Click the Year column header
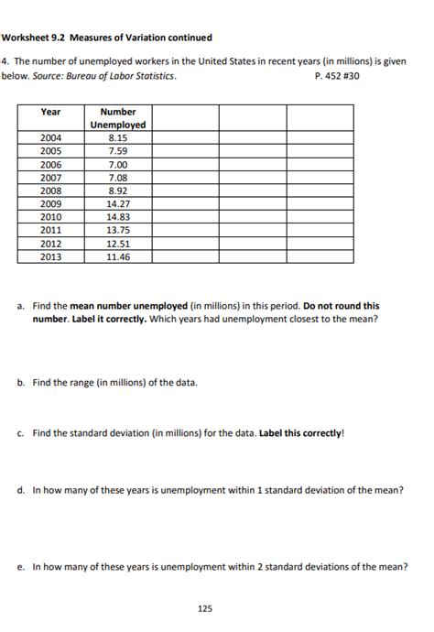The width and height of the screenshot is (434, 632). [x=50, y=112]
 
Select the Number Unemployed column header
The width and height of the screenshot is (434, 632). [x=118, y=118]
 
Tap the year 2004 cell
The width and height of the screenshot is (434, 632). [x=50, y=137]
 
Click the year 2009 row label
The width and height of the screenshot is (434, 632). [x=50, y=203]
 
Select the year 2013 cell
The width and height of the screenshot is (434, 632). [x=50, y=257]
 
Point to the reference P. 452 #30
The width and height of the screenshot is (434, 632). [x=337, y=76]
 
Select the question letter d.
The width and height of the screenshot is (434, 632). [x=20, y=490]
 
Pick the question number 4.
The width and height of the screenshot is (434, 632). [x=4, y=61]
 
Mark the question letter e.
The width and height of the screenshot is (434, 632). [x=20, y=567]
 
